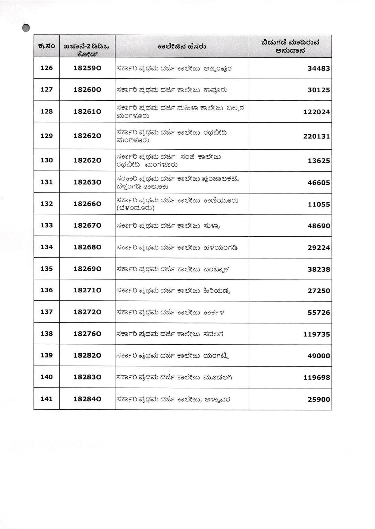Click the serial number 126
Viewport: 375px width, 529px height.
(x=47, y=68)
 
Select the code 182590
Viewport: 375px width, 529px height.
(x=87, y=68)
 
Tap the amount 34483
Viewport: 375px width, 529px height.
(x=319, y=68)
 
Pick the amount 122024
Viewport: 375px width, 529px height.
(x=317, y=112)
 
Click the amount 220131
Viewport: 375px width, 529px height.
(x=317, y=136)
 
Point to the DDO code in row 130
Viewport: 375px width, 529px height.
(x=87, y=160)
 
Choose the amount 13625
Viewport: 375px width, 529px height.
(x=319, y=161)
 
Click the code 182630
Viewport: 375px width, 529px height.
(x=87, y=182)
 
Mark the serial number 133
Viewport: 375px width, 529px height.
(x=47, y=225)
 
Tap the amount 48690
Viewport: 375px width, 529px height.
(x=319, y=226)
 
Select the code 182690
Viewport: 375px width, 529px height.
(x=87, y=269)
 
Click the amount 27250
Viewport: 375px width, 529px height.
(x=319, y=291)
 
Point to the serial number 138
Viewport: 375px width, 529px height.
(x=47, y=333)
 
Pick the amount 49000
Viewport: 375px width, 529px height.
(x=319, y=356)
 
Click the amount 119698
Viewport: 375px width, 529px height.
(x=317, y=378)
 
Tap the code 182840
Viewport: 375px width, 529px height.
(x=87, y=399)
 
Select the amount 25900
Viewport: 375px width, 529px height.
(x=319, y=399)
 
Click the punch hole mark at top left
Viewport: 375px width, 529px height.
(x=26, y=28)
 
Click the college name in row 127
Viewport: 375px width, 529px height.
(x=172, y=90)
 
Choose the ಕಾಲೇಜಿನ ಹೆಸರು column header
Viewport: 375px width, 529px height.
(x=182, y=46)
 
